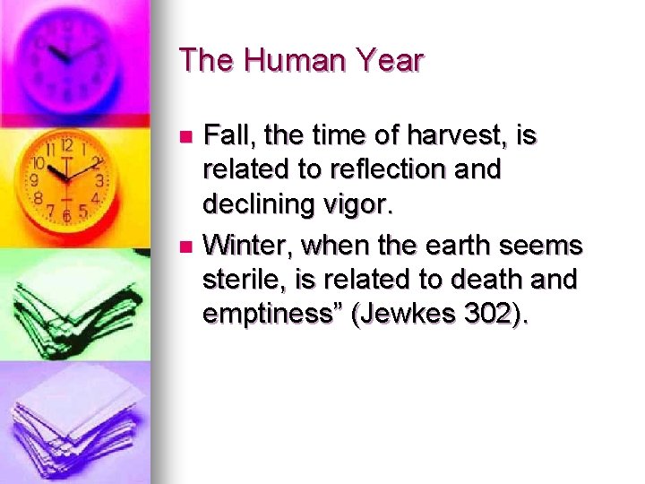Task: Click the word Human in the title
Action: click(x=285, y=61)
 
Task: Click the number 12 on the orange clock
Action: click(x=66, y=145)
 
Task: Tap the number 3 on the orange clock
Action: click(x=99, y=180)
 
